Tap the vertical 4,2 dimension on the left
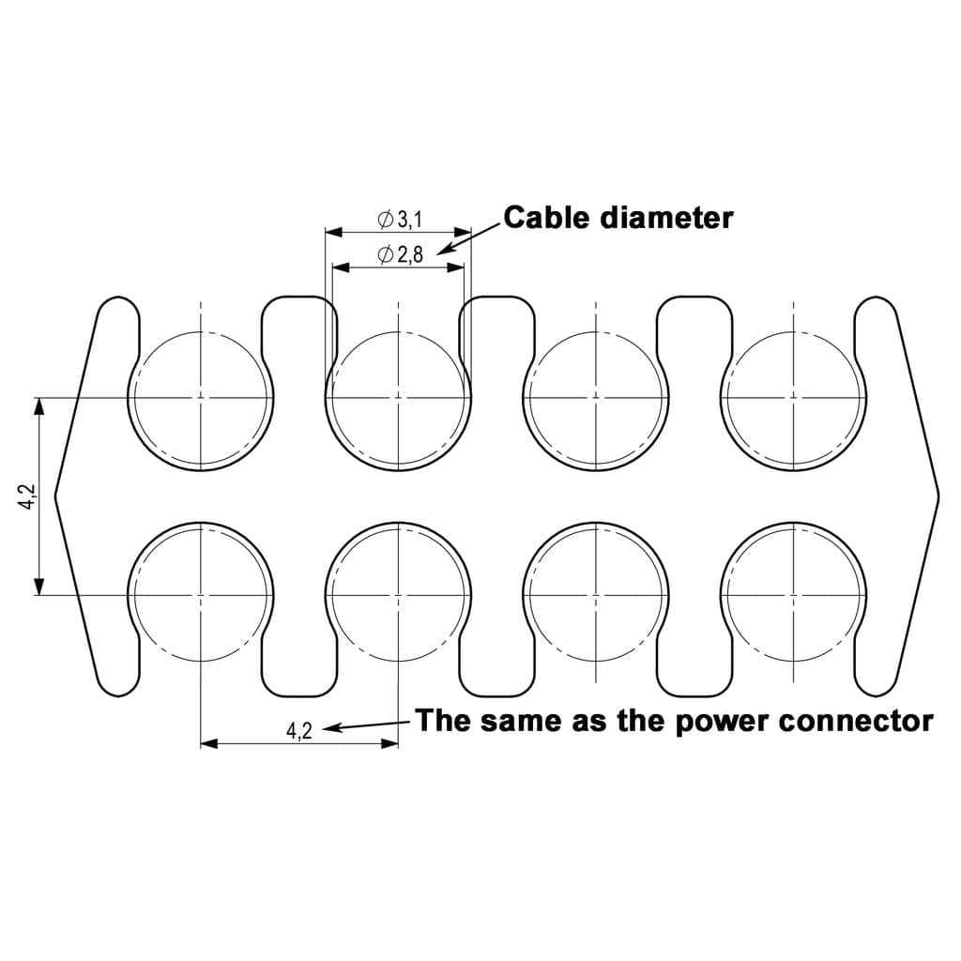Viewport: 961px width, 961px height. coord(28,496)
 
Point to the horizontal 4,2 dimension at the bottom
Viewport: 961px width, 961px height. coord(299,730)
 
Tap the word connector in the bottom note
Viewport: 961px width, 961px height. coord(856,721)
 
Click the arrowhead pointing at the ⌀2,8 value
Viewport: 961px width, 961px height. coord(445,249)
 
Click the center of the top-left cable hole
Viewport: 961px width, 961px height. coord(201,398)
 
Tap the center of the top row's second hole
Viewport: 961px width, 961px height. coord(398,398)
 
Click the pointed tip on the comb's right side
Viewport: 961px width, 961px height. coord(938,496)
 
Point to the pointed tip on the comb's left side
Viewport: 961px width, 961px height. coord(55,496)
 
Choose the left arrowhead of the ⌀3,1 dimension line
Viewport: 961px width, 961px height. coord(333,233)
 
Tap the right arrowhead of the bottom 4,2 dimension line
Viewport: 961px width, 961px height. coord(389,743)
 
